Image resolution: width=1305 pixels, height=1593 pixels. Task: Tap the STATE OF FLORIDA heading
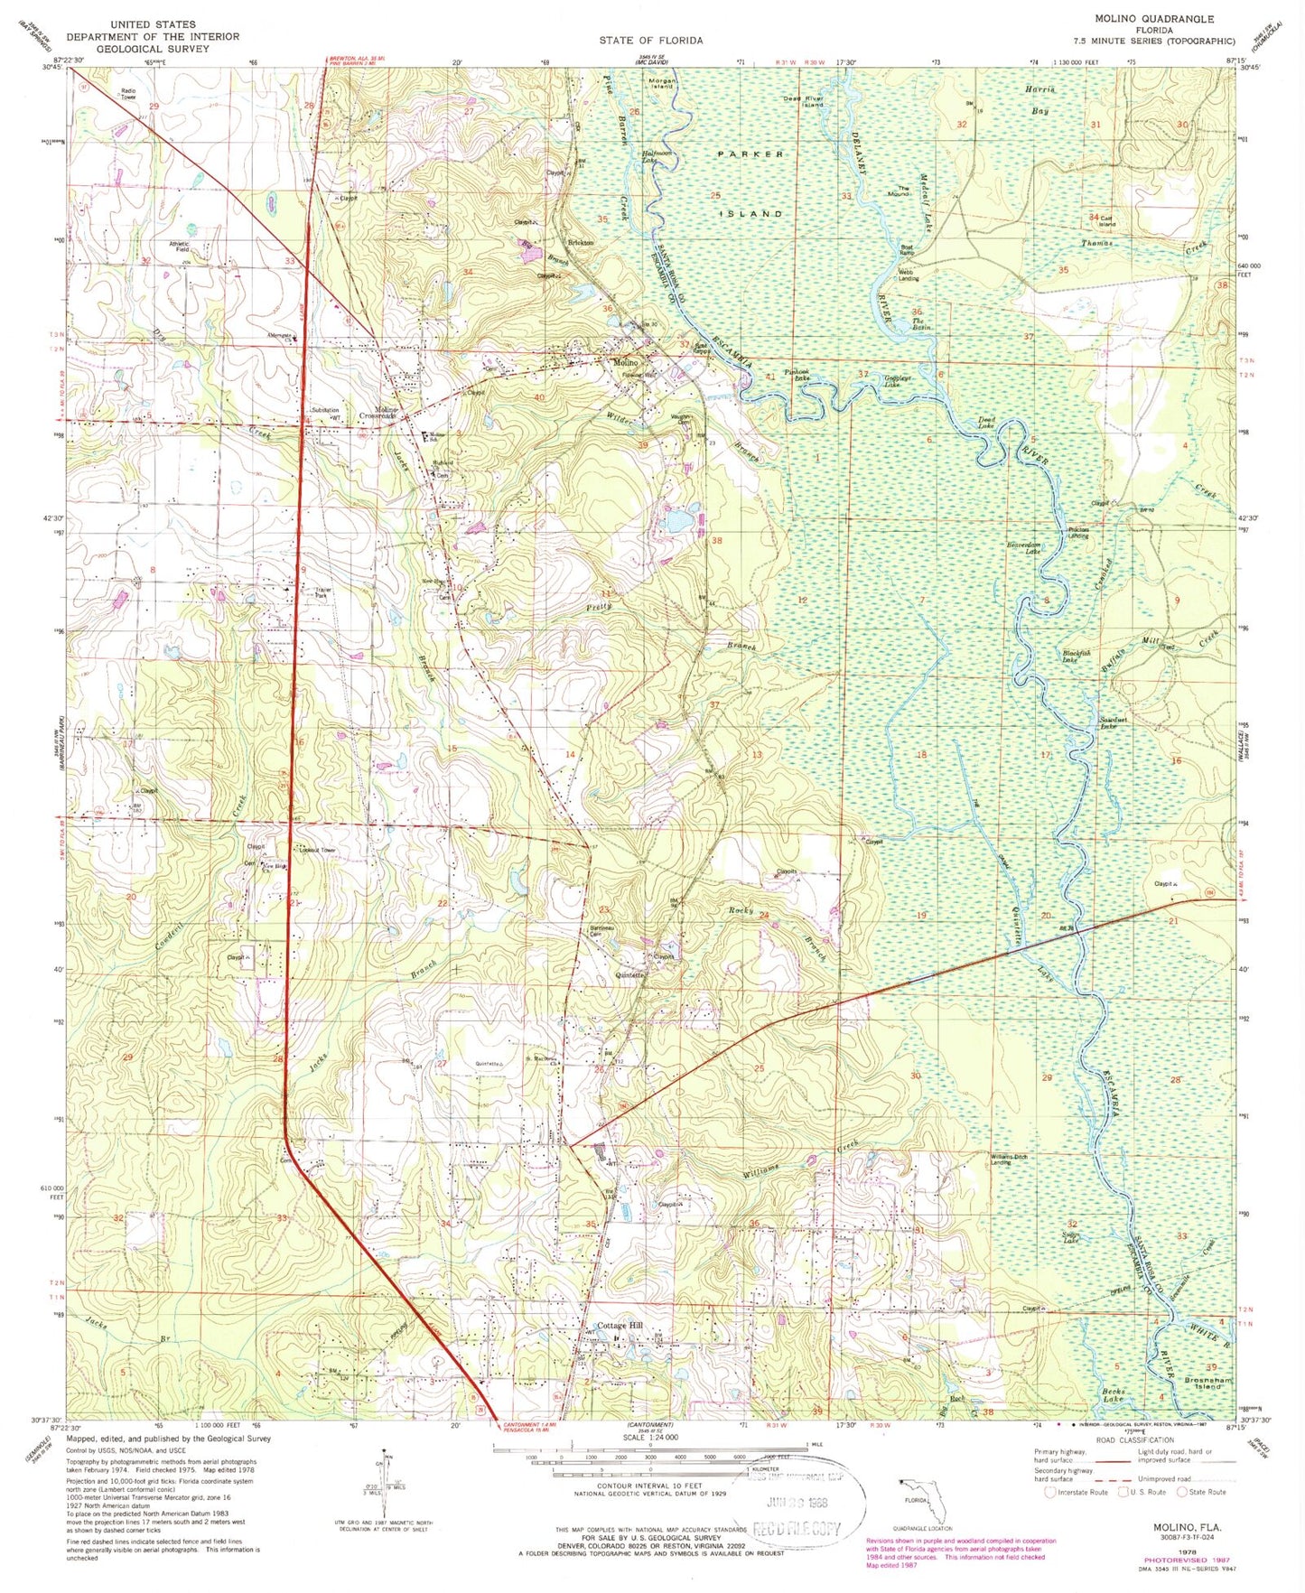tap(650, 41)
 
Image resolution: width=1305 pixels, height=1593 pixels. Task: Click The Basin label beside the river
tap(918, 323)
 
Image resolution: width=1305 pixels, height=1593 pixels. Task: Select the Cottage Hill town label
tap(619, 1326)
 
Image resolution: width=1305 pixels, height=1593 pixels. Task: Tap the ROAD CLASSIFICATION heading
tap(1137, 1439)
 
